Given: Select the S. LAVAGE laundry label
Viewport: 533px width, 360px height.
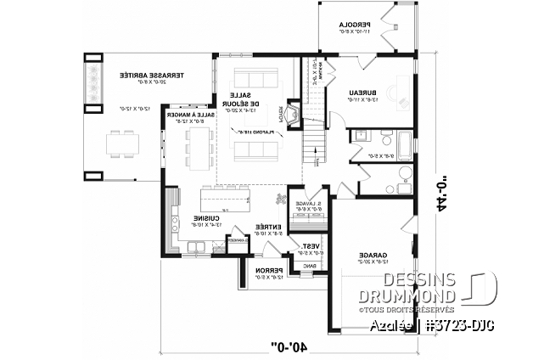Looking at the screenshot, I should tap(306, 205).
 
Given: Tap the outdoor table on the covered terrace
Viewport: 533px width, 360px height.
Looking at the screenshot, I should tap(123, 144).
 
